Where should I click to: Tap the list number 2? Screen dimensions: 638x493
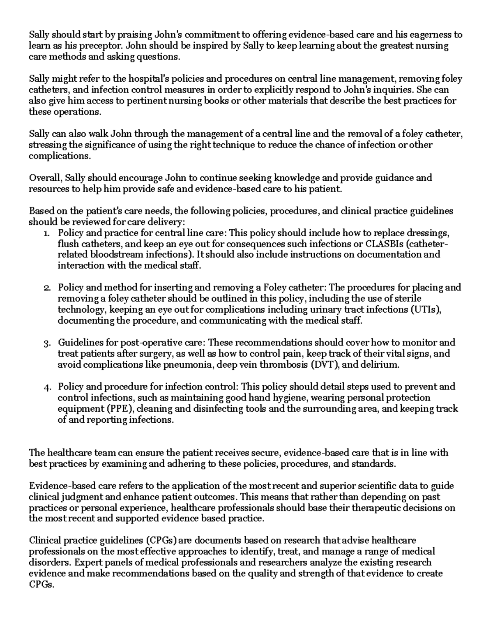point(47,288)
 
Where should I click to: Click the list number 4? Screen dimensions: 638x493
point(47,387)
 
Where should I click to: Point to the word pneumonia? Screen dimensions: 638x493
point(189,365)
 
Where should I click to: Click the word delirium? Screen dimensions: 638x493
point(380,365)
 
